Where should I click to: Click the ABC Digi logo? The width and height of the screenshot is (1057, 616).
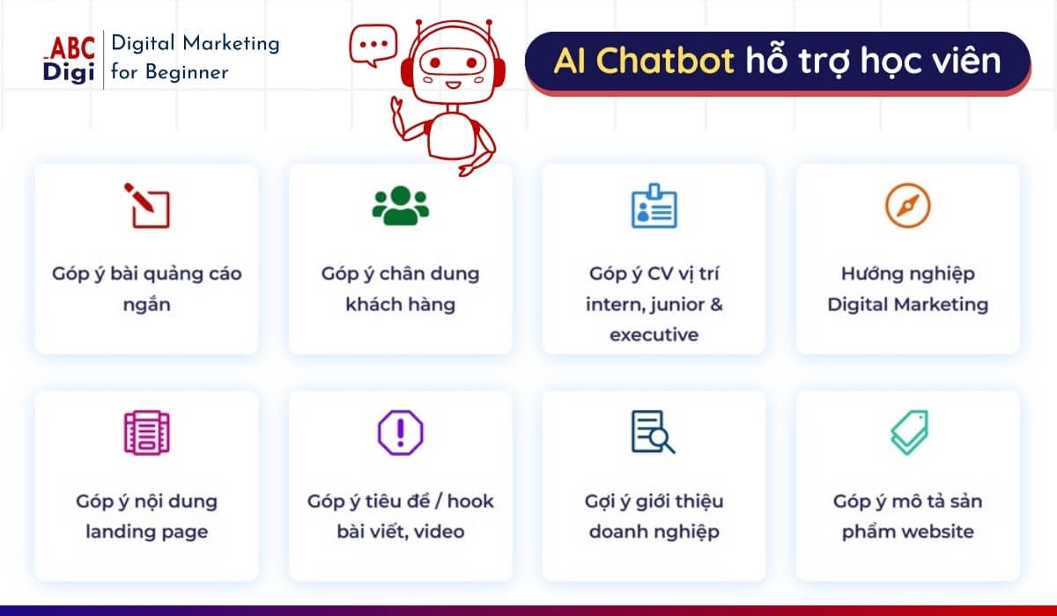pos(69,59)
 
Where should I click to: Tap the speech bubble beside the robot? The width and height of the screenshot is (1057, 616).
pos(373,45)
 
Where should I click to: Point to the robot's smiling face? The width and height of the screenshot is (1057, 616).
pos(450,70)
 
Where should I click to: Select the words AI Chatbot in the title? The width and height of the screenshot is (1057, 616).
pos(644,61)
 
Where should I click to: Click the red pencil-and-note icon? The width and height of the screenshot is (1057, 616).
pos(146,205)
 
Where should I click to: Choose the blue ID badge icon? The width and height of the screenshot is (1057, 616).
pos(654,205)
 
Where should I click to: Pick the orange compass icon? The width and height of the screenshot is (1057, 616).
pos(907,205)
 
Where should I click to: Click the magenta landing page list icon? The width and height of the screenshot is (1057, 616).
pos(146,433)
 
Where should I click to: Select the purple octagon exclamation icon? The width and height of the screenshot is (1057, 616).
pos(400,433)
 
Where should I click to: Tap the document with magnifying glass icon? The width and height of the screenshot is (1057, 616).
pos(654,433)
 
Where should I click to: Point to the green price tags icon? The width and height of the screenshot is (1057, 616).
pos(907,433)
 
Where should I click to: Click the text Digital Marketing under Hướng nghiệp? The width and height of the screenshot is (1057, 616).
pos(907,304)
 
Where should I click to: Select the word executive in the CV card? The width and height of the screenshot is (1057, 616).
pos(654,335)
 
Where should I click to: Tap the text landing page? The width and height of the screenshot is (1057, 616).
pos(146,532)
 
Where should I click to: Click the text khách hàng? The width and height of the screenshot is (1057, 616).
pos(400,304)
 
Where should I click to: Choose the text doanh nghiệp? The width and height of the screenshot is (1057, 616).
pos(654,532)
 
